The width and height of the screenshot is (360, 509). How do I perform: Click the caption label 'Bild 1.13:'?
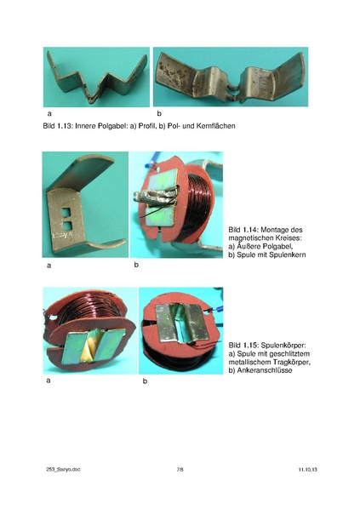(57, 126)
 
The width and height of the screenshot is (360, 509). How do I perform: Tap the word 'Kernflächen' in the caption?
(216, 126)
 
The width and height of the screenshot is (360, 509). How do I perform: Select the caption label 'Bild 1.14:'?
(243, 230)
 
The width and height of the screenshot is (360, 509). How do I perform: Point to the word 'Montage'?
(275, 230)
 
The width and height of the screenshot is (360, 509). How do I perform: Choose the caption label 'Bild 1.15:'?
(243, 345)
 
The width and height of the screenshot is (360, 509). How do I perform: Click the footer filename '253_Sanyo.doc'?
(63, 469)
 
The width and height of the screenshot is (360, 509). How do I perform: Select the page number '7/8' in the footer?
(180, 469)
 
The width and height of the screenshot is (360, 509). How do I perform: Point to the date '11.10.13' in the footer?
(308, 469)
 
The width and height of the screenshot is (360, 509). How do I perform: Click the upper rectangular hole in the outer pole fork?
(66, 212)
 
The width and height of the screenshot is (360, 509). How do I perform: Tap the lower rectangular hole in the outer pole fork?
(67, 226)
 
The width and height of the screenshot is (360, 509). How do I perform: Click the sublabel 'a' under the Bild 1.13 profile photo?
(49, 113)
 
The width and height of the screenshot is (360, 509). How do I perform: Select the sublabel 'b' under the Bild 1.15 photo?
(145, 381)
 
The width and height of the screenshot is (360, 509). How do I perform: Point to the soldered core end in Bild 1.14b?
(152, 197)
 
